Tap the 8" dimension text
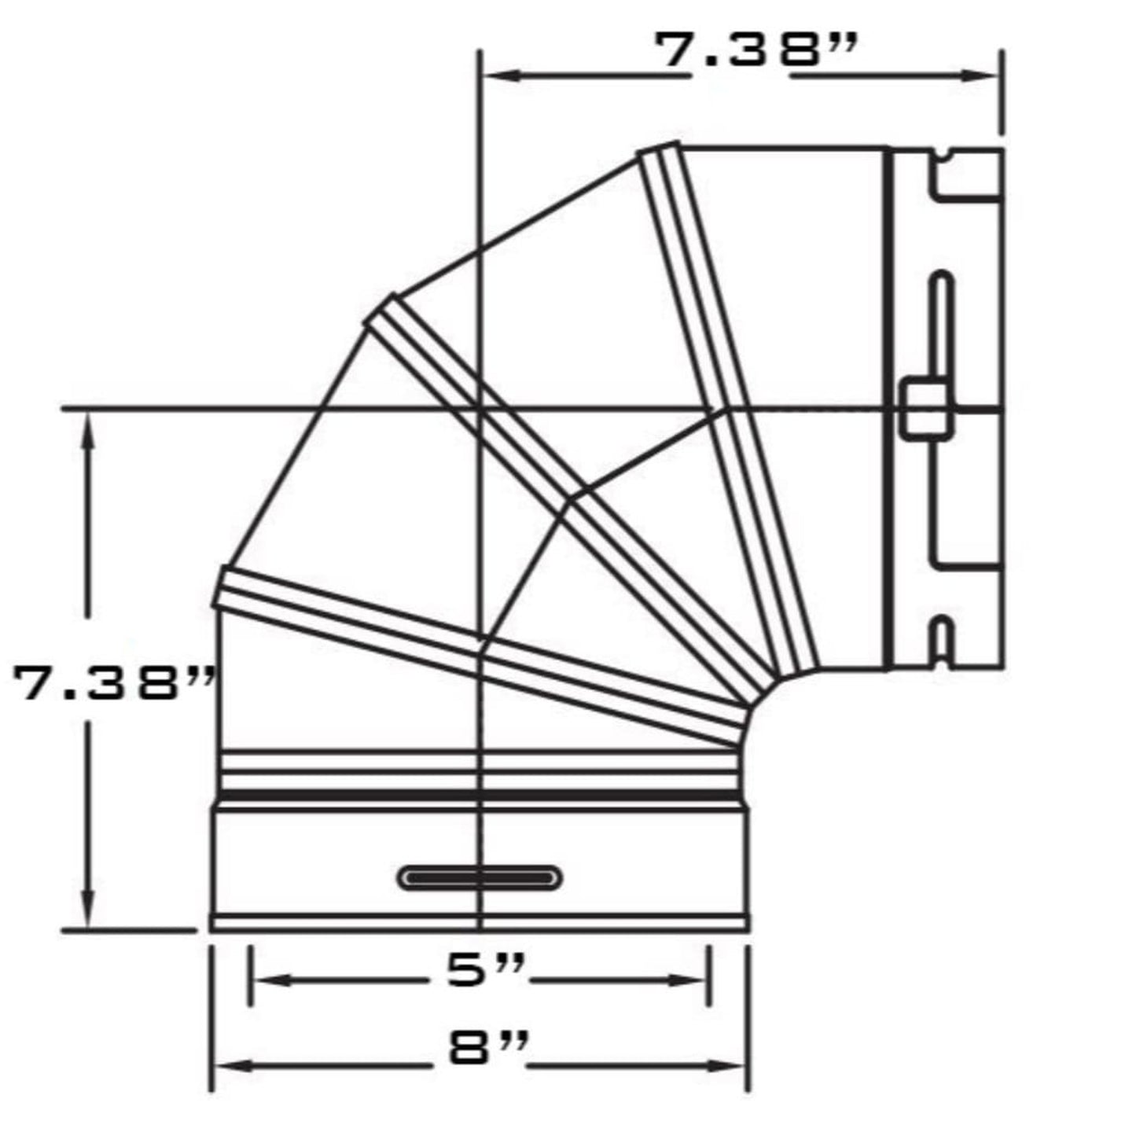click(487, 1048)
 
